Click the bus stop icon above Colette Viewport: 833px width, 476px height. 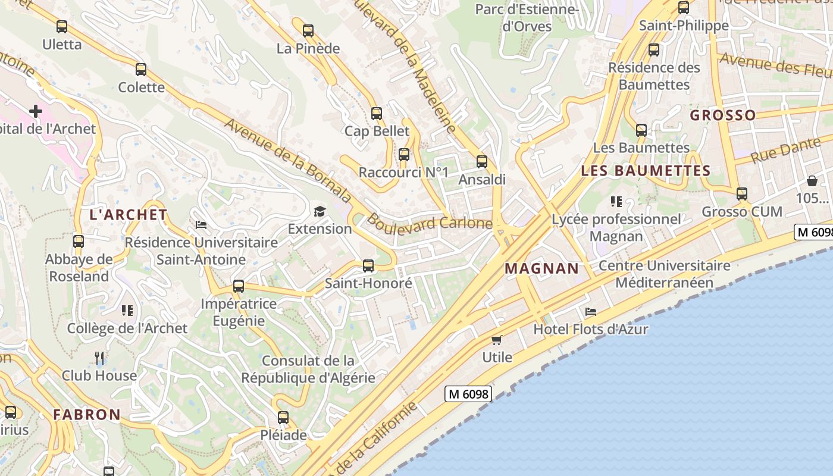[x=141, y=70]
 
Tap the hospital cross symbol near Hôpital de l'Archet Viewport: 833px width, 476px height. [x=36, y=111]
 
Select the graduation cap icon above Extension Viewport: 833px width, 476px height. [x=320, y=211]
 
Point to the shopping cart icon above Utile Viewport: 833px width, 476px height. [x=497, y=340]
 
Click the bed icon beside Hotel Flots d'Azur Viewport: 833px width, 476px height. [x=590, y=311]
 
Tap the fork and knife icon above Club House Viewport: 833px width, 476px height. [x=100, y=358]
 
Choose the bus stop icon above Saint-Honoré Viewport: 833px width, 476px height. [x=368, y=266]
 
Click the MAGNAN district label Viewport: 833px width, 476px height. [x=541, y=268]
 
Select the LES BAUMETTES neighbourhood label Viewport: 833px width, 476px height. [x=646, y=171]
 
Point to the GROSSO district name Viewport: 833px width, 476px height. [x=722, y=115]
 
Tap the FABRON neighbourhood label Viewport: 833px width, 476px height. [x=87, y=414]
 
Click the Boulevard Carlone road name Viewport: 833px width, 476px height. [x=430, y=223]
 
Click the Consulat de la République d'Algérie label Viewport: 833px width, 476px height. [x=308, y=369]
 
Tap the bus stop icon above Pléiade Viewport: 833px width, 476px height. [x=283, y=418]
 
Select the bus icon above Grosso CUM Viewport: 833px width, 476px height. [x=741, y=194]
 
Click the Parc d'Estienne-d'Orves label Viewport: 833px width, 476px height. [x=527, y=18]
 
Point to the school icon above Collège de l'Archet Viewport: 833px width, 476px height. [x=127, y=311]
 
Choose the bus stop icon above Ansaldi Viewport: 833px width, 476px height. [x=482, y=162]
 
